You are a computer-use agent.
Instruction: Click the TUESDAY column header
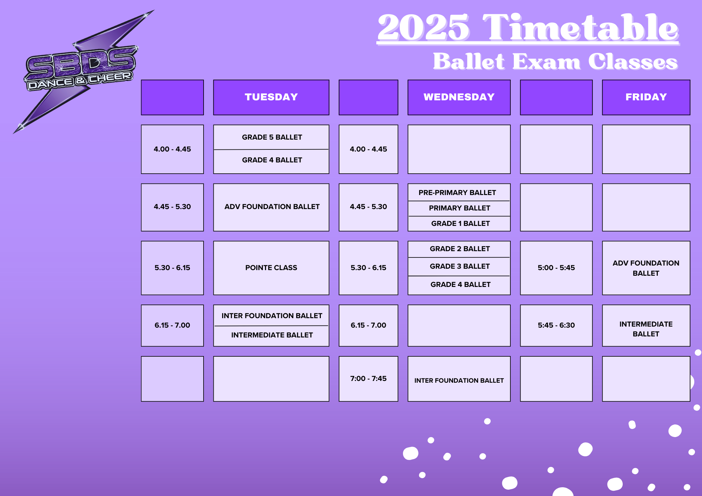coord(271,97)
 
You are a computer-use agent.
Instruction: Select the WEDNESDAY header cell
coord(459,97)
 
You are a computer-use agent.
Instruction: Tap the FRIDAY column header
coord(646,97)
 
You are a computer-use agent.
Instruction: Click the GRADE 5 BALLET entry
coord(272,137)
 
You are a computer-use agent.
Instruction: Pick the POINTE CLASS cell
coord(271,268)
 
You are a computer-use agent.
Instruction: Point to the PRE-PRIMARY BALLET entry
coord(457,193)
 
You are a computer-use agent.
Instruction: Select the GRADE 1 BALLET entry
coord(461,223)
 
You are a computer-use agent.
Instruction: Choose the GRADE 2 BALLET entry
coord(460,249)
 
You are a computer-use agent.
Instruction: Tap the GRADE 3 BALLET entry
coord(460,266)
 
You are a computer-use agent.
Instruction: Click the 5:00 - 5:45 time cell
coord(556,268)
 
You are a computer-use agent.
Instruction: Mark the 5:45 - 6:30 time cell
coord(556,326)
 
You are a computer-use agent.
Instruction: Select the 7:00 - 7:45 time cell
coord(369,379)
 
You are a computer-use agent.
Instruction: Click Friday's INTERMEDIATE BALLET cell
coord(646,326)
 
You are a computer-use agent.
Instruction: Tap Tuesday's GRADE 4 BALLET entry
coord(272,160)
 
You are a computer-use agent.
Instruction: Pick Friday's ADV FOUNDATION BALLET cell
coord(646,268)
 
